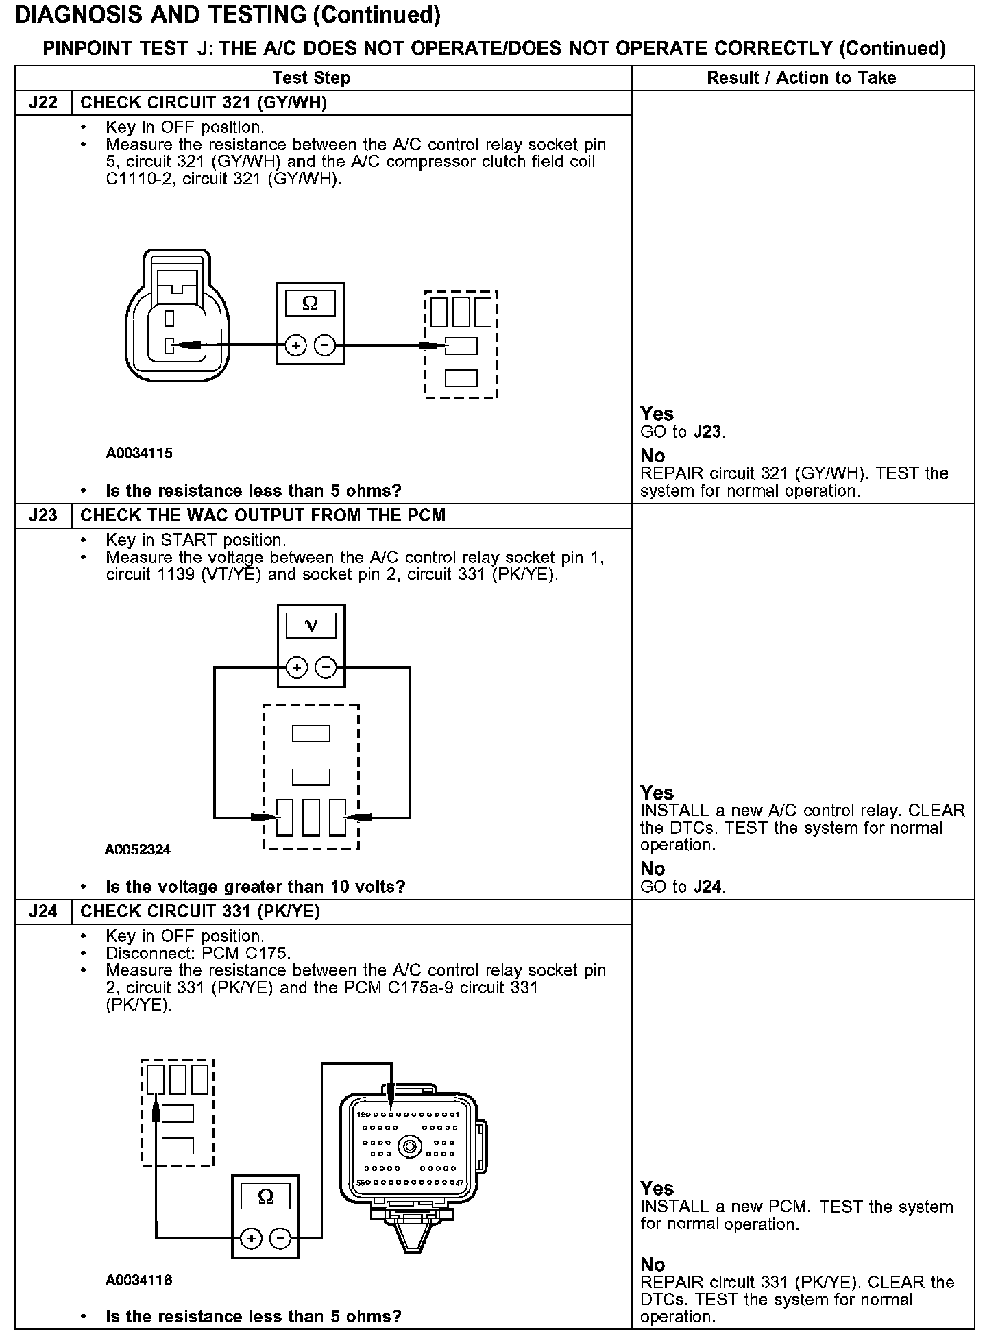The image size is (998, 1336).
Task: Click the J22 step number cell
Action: pyautogui.click(x=42, y=103)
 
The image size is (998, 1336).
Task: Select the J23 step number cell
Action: pyautogui.click(x=42, y=515)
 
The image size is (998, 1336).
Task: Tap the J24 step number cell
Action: pyautogui.click(x=42, y=911)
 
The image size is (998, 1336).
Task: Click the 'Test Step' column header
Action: pyautogui.click(x=311, y=78)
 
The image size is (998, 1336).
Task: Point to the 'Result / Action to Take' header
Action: pyautogui.click(x=801, y=78)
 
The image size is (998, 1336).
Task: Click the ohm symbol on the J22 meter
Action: pyautogui.click(x=310, y=304)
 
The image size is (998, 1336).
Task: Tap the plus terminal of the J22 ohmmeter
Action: pyautogui.click(x=295, y=346)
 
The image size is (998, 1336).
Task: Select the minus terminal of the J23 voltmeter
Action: pyautogui.click(x=326, y=667)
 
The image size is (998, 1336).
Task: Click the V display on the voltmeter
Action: pyautogui.click(x=311, y=626)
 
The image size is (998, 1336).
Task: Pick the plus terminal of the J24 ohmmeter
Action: pyautogui.click(x=251, y=1238)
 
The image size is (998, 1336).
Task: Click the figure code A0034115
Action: pyautogui.click(x=139, y=453)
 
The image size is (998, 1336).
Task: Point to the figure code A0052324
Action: pyautogui.click(x=138, y=850)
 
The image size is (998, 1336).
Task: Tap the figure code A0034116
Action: pyautogui.click(x=139, y=1280)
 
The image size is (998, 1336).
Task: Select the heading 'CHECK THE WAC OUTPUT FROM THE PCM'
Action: pyautogui.click(x=263, y=515)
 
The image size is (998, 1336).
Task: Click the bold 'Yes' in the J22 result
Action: pyautogui.click(x=657, y=414)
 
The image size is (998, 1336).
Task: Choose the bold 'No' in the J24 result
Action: pyautogui.click(x=653, y=1264)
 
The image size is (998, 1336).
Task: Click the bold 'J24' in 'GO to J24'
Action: pyautogui.click(x=707, y=887)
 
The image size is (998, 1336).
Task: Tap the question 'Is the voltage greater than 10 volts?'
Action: pyautogui.click(x=255, y=887)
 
